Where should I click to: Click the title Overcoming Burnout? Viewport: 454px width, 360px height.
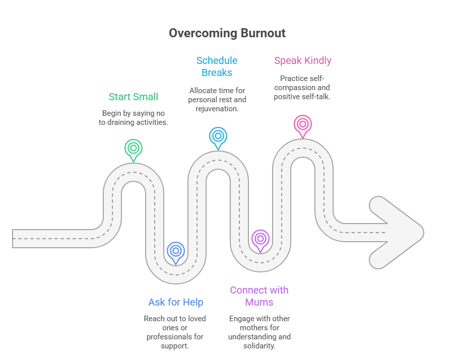coord(227,33)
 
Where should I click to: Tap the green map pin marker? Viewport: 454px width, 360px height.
coord(133,149)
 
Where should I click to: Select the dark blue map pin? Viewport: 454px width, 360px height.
coord(175,251)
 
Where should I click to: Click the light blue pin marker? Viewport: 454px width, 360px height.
coord(218,136)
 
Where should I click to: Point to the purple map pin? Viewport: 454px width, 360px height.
coord(260,239)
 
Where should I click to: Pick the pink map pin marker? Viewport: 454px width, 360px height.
coord(302,124)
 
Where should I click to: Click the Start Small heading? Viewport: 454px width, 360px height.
coord(133,97)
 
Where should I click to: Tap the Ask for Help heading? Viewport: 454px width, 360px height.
coord(175,302)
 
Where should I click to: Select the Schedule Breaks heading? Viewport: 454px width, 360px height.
coord(217,66)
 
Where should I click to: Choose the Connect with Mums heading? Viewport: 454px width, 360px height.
coord(259,296)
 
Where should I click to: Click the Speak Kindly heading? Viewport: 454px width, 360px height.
coord(302,60)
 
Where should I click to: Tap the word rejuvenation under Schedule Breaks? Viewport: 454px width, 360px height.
coord(217,109)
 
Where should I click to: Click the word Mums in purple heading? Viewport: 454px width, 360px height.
coord(259,302)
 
